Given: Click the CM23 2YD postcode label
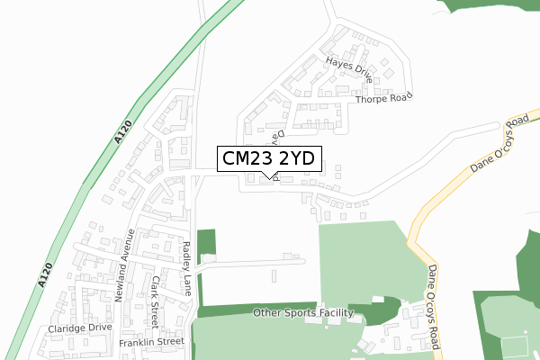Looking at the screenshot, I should (x=267, y=158).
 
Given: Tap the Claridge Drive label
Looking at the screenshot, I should (x=80, y=329).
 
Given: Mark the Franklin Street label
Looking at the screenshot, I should (x=151, y=342).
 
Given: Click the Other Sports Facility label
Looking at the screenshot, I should (x=303, y=313).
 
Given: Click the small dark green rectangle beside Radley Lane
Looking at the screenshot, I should (x=207, y=242).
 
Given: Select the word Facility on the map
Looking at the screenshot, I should (x=336, y=313).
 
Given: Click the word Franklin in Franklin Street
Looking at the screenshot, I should (x=138, y=342).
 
